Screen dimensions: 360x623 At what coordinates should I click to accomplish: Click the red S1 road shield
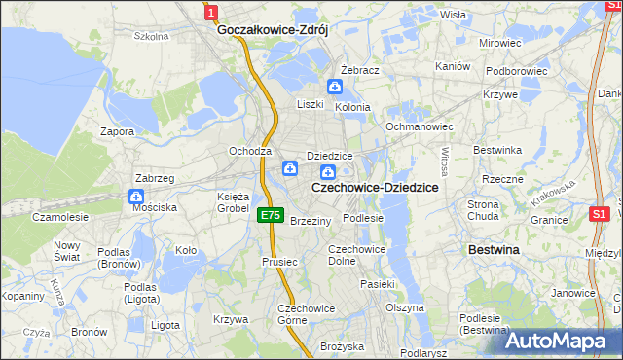(x=600, y=213)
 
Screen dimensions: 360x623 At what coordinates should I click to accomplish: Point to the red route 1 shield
(x=211, y=11)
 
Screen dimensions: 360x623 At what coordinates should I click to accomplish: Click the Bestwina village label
(x=494, y=250)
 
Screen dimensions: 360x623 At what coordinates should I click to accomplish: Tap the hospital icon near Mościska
(x=135, y=196)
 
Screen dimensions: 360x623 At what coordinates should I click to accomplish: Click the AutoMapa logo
(x=563, y=341)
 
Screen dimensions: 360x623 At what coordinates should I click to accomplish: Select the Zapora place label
(x=117, y=130)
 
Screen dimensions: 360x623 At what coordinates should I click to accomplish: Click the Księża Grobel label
(x=234, y=202)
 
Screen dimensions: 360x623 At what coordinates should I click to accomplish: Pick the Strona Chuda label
(x=484, y=210)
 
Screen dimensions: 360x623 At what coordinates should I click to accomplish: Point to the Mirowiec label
(x=500, y=44)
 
